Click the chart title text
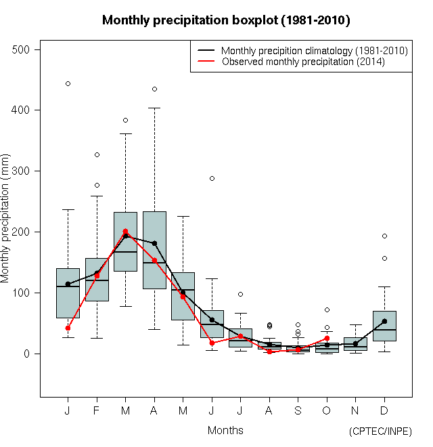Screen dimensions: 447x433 click(x=226, y=20)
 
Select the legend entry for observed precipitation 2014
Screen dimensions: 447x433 click(x=303, y=62)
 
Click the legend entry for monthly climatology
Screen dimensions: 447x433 click(x=314, y=51)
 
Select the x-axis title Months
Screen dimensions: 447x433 click(x=225, y=430)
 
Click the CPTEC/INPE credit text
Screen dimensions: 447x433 click(x=380, y=431)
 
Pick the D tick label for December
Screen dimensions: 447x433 click(x=384, y=411)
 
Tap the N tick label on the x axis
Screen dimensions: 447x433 click(x=356, y=411)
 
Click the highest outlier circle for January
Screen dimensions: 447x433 click(x=68, y=83)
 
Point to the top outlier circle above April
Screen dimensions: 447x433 click(x=154, y=89)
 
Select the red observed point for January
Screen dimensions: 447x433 click(x=68, y=328)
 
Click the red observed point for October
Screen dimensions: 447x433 click(x=327, y=338)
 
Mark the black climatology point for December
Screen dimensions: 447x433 click(x=384, y=321)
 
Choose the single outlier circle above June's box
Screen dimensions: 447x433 click(x=212, y=178)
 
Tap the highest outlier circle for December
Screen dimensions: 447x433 click(x=384, y=236)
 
